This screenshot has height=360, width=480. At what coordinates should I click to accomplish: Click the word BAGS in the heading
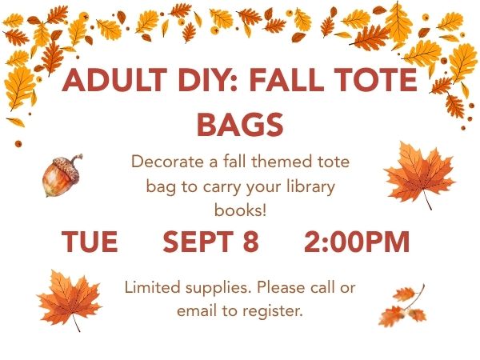[240, 124]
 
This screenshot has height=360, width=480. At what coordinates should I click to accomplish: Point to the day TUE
[90, 242]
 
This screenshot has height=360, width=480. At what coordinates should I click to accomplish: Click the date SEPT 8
[210, 242]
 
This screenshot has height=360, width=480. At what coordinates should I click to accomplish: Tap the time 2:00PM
[357, 242]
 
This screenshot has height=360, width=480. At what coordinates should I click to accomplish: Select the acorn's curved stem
[76, 160]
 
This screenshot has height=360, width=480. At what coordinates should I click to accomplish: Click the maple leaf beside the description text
[420, 174]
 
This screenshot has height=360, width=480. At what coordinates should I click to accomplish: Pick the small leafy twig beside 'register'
[403, 306]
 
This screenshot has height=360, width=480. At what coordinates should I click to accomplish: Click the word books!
[240, 210]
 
